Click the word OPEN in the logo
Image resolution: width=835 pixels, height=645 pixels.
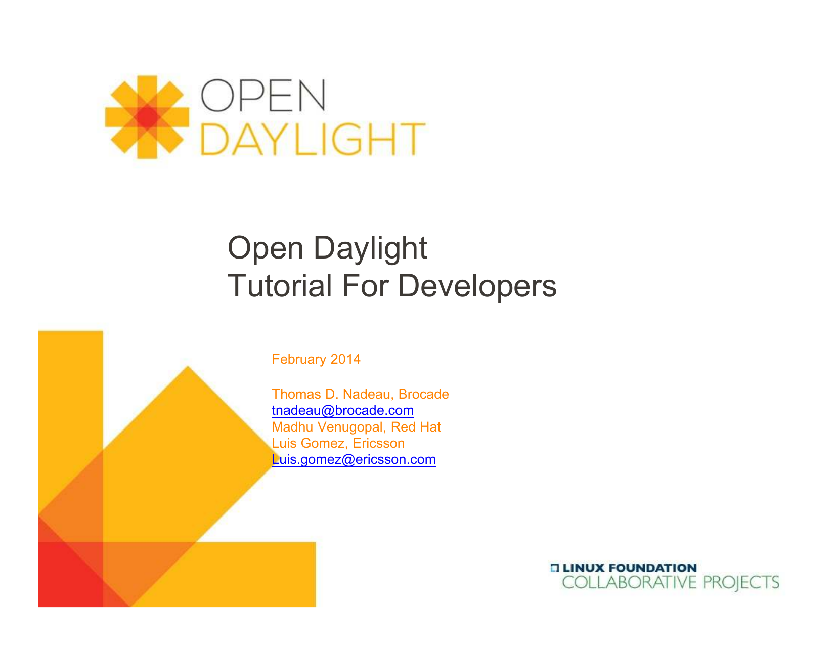tap(263, 96)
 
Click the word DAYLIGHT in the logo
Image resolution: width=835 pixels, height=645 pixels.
tap(313, 139)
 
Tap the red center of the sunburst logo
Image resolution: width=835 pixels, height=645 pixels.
tap(147, 117)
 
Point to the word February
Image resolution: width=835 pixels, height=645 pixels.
tap(298, 359)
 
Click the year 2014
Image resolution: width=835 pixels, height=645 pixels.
tap(345, 359)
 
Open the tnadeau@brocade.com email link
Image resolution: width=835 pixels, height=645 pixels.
tap(342, 410)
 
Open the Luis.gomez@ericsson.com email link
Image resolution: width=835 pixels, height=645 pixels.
tap(354, 459)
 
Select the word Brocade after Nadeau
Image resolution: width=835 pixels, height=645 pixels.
tap(423, 394)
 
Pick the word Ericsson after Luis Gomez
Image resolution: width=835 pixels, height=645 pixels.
tap(378, 443)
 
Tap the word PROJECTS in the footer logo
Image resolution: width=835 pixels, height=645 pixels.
tap(741, 583)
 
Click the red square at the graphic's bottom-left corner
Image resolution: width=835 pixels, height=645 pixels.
tap(70, 574)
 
